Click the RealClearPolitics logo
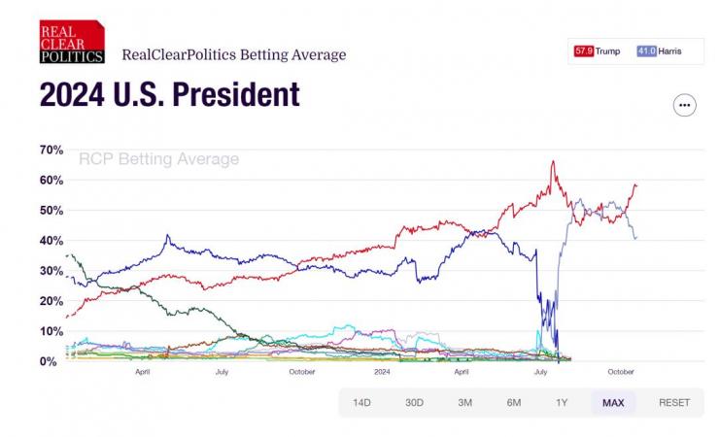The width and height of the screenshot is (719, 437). tap(71, 43)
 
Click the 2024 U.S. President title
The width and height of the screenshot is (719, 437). tap(169, 94)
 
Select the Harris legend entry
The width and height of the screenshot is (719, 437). tap(660, 50)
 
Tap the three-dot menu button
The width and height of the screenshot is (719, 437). tap(684, 105)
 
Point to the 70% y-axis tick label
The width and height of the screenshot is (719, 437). tap(51, 151)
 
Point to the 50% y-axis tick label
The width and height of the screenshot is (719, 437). tap(51, 211)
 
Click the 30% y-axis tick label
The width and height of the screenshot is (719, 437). tap(51, 271)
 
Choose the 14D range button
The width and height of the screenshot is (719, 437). tap(362, 402)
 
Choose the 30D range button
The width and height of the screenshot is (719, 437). tap(415, 402)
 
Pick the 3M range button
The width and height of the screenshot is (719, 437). tap(465, 402)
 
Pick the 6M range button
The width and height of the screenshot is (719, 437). tap(514, 402)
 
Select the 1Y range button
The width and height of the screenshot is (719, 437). tap(563, 402)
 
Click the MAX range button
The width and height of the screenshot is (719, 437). tap(613, 402)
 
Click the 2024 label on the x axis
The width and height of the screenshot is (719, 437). tap(382, 372)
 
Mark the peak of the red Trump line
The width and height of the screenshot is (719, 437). tap(553, 162)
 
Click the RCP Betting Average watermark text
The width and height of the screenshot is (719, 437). tap(158, 159)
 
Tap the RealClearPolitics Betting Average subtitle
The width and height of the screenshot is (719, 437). tap(233, 54)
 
